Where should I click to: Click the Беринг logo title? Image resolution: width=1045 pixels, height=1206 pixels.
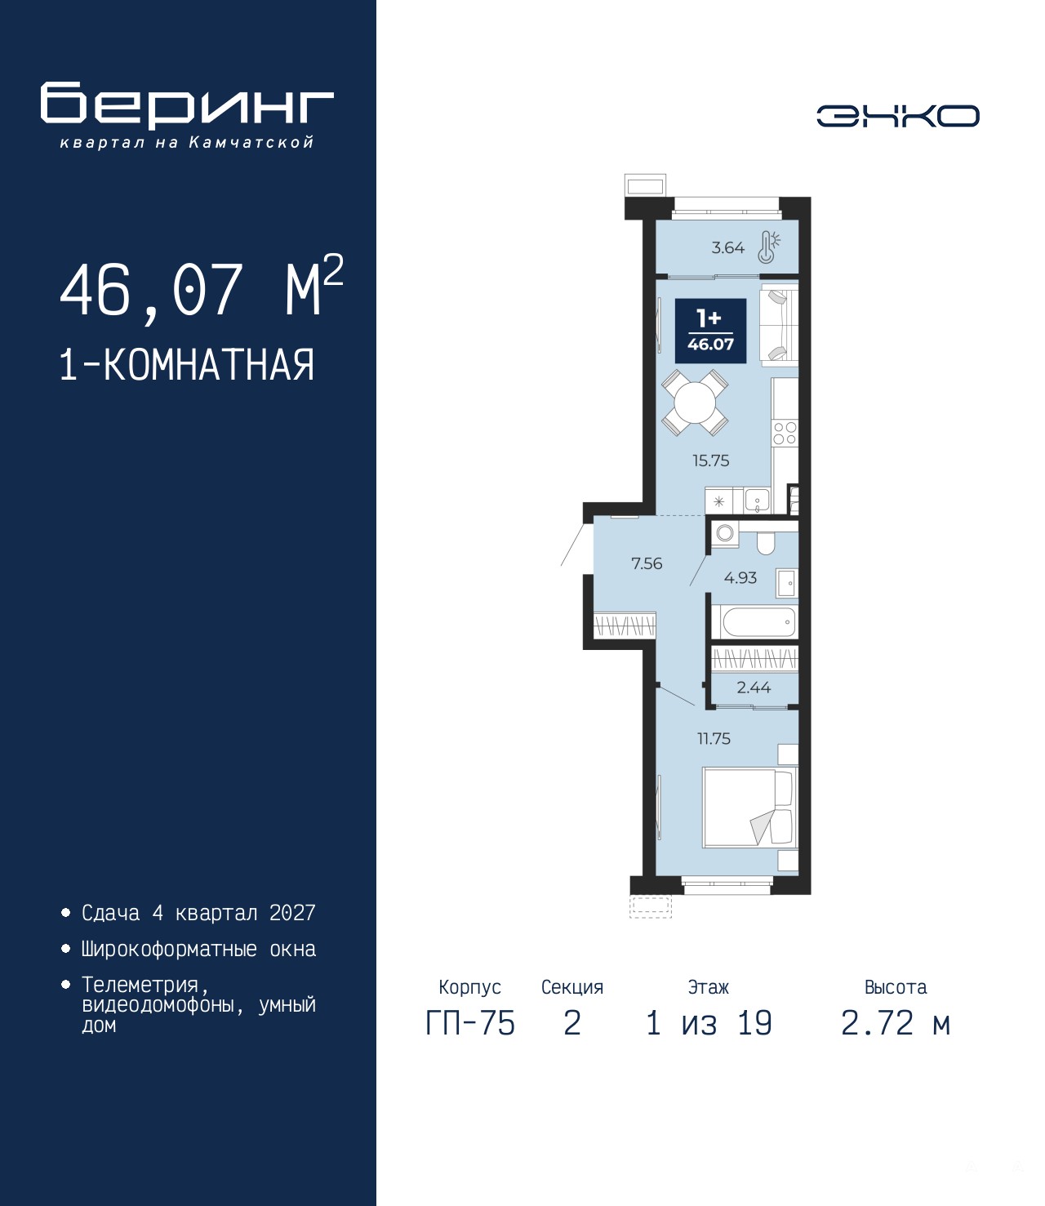[187, 105]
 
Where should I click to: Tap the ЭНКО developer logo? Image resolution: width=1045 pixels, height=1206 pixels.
[897, 115]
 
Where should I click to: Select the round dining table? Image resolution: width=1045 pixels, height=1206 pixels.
[695, 402]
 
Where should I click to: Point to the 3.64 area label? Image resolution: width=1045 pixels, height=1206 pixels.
[727, 248]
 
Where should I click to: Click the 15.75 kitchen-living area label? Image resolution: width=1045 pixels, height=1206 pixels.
[710, 461]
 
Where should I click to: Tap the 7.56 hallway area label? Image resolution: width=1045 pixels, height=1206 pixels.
[647, 563]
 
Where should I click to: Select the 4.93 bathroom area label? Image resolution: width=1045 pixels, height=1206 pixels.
[740, 577]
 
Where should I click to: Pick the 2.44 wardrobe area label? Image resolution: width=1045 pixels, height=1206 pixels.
[754, 688]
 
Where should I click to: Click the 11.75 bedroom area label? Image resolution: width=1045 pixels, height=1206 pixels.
[714, 739]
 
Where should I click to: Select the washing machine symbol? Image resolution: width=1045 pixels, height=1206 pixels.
[725, 533]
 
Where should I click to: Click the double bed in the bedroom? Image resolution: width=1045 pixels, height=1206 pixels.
[749, 808]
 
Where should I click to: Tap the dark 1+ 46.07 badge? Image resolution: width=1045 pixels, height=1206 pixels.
[710, 331]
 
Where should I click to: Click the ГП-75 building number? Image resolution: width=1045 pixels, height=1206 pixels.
[470, 1039]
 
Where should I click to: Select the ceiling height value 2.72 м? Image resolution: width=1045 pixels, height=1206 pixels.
[896, 1039]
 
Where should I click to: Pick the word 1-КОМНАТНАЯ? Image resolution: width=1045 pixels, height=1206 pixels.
[187, 365]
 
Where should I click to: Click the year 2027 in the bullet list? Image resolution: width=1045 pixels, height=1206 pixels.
[292, 913]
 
